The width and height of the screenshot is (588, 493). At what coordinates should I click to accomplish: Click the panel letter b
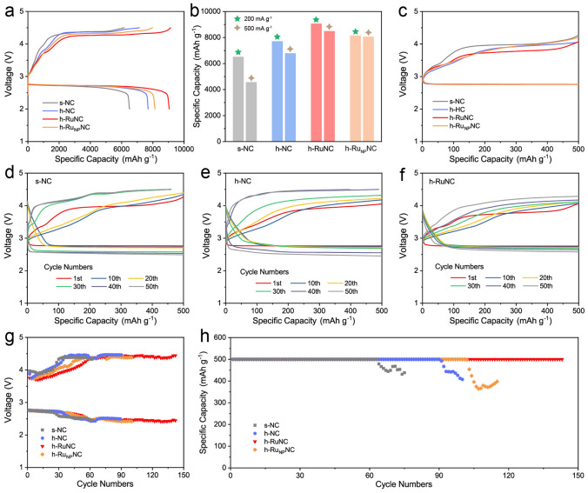pyautogui.click(x=208, y=10)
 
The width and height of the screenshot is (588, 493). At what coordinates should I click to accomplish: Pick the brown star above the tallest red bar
pyautogui.click(x=329, y=26)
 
